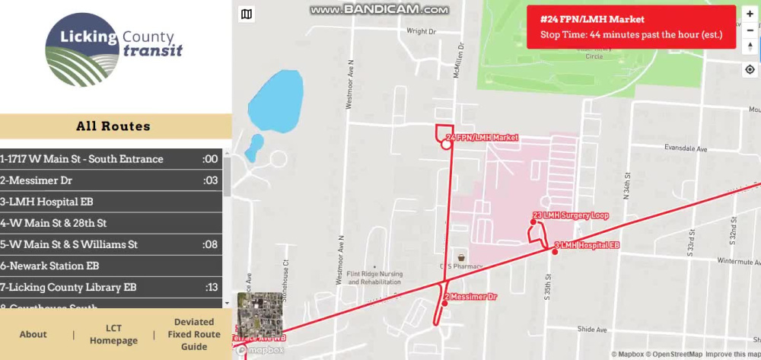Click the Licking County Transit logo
(114, 49)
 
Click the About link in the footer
(33, 334)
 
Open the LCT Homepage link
(113, 334)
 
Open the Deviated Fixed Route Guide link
(194, 334)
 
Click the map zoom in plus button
(750, 14)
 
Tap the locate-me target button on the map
(750, 69)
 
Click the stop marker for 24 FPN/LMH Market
(446, 144)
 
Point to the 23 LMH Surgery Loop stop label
(572, 216)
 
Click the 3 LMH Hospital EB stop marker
(555, 252)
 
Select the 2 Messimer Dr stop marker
(445, 303)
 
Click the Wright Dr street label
(421, 31)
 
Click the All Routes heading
(113, 126)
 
